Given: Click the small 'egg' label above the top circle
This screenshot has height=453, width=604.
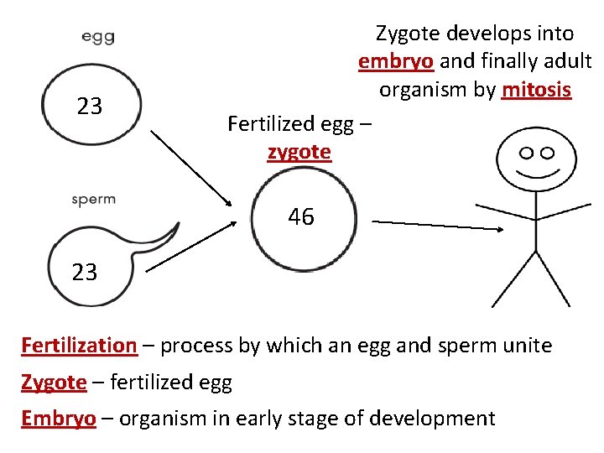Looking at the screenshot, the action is [98, 37].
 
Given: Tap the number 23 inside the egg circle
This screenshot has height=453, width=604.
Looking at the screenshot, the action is [90, 107].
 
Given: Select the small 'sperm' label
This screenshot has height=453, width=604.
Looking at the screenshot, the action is [93, 200].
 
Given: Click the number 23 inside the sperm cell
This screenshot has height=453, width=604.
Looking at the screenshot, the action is [84, 272].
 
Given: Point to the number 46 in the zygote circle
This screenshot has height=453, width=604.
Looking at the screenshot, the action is [301, 217].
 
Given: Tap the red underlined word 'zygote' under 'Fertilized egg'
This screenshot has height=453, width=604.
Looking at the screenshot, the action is [299, 152].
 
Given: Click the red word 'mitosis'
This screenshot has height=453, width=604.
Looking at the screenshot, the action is [536, 89].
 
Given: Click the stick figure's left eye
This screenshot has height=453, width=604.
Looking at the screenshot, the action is [527, 153].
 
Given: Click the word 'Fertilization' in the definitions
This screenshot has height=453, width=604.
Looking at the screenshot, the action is [79, 345].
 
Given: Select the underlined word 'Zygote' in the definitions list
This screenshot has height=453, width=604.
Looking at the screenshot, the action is [54, 382].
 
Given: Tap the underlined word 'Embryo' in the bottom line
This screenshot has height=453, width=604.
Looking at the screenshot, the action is [59, 418].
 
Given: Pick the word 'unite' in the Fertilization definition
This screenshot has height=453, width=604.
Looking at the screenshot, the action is [526, 345].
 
